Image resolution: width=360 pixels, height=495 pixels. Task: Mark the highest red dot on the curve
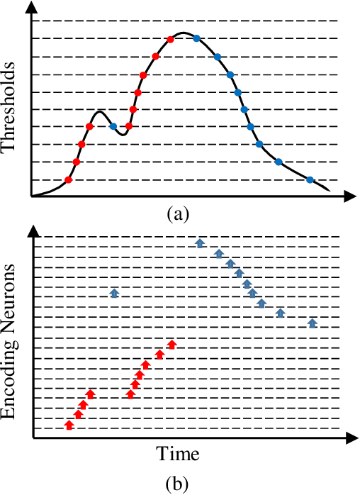click(x=171, y=39)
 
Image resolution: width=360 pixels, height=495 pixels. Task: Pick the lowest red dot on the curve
click(x=68, y=180)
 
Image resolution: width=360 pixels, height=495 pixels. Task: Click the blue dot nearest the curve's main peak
click(x=196, y=38)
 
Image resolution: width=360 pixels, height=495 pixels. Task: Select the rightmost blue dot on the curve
click(x=310, y=180)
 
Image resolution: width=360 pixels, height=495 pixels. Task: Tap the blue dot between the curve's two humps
click(x=113, y=127)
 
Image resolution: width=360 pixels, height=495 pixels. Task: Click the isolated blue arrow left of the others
click(x=114, y=292)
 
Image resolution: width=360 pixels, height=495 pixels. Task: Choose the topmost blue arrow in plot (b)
click(x=200, y=243)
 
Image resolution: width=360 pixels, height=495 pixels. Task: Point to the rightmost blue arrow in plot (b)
click(x=312, y=323)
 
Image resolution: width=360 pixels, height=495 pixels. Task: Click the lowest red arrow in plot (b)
click(x=69, y=425)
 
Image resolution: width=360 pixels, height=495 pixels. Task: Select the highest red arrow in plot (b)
click(x=171, y=345)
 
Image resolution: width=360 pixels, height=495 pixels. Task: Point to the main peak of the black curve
click(x=184, y=33)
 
